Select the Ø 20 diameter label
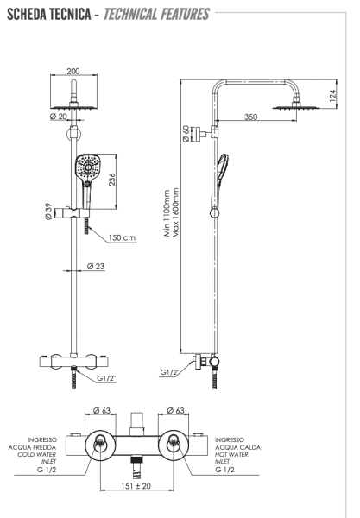pyautogui.click(x=60, y=117)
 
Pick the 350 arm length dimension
pyautogui.click(x=250, y=115)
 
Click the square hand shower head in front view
pyautogui.click(x=87, y=170)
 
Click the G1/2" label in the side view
pyautogui.click(x=170, y=373)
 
